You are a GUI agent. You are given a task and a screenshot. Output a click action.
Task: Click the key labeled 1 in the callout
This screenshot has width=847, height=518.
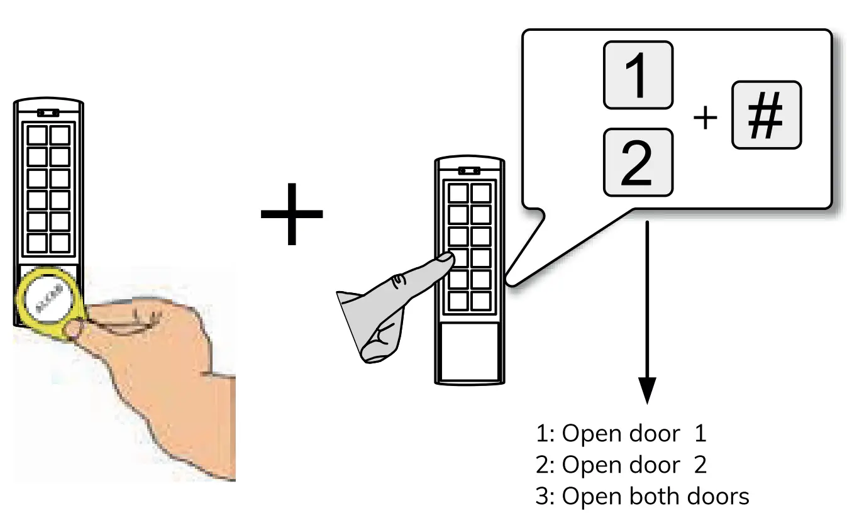638,75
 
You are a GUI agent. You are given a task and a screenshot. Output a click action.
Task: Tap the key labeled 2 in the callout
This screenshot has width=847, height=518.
638,162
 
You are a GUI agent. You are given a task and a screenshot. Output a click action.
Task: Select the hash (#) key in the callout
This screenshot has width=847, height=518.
766,114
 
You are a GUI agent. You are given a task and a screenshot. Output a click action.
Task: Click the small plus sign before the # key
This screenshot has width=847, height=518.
705,118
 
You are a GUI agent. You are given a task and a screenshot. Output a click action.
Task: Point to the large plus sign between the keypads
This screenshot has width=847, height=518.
291,215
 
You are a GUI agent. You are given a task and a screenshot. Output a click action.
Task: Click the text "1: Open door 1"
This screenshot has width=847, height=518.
621,434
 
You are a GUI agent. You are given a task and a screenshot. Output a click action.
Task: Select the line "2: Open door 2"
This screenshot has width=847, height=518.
621,465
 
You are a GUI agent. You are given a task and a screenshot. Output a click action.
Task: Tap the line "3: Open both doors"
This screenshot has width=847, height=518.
642,497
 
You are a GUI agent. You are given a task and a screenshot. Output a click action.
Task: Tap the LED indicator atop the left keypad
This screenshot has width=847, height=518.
48,113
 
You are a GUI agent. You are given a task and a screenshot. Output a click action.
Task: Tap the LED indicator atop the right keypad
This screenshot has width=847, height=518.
468,170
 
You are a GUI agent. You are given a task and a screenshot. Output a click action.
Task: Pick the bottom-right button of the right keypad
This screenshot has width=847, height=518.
481,301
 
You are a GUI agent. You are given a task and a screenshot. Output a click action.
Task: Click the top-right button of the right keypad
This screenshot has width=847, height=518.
481,192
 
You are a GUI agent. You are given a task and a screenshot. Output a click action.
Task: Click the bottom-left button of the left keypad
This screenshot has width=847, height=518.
37,243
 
